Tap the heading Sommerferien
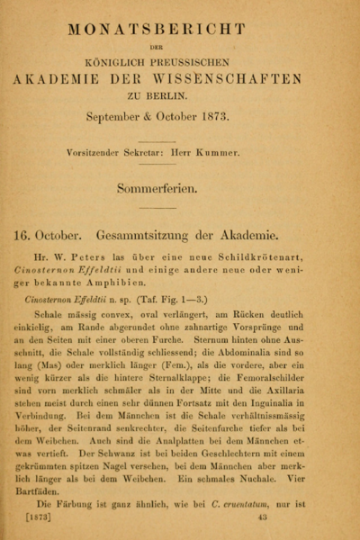179,188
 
